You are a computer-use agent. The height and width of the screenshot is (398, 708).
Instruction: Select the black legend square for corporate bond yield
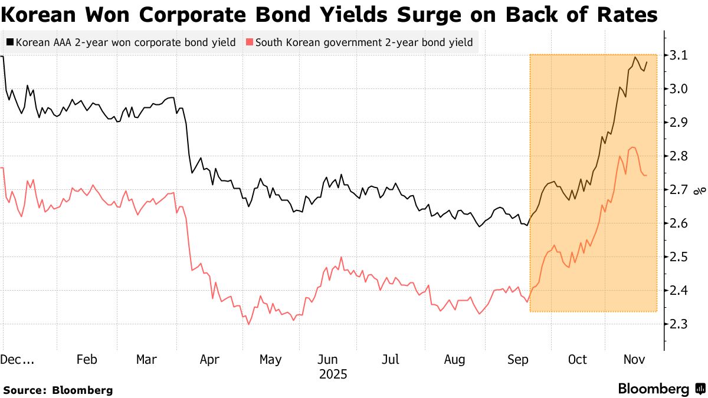pyautogui.click(x=9, y=42)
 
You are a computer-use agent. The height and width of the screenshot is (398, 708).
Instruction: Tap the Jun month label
pyautogui.click(x=327, y=360)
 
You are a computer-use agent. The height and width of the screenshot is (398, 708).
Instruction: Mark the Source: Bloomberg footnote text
pyautogui.click(x=57, y=390)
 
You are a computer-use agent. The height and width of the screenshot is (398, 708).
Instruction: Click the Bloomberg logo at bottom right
pyautogui.click(x=661, y=389)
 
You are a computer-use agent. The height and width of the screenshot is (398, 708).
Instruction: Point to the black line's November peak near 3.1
pyautogui.click(x=635, y=57)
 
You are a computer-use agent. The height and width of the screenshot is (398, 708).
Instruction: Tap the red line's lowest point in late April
pyautogui.click(x=248, y=324)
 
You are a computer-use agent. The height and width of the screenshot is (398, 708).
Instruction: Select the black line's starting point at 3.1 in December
pyautogui.click(x=3, y=57)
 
